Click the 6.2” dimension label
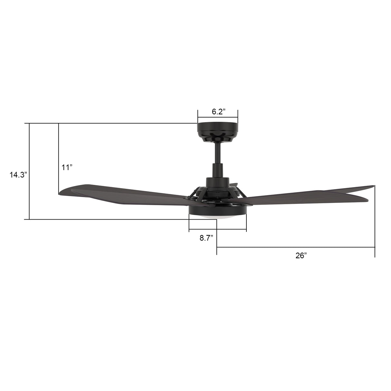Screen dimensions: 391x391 click(218, 112)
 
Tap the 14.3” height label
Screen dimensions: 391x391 click(18, 175)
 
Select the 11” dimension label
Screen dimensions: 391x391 click(67, 167)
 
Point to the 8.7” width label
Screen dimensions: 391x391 click(206, 238)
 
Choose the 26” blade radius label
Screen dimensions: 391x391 click(301, 255)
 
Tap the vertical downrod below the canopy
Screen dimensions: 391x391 click(218, 153)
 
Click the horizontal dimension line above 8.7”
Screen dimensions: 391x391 click(218, 230)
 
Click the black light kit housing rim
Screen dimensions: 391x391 click(217, 211)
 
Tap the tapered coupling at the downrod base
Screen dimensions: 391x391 click(218, 169)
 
